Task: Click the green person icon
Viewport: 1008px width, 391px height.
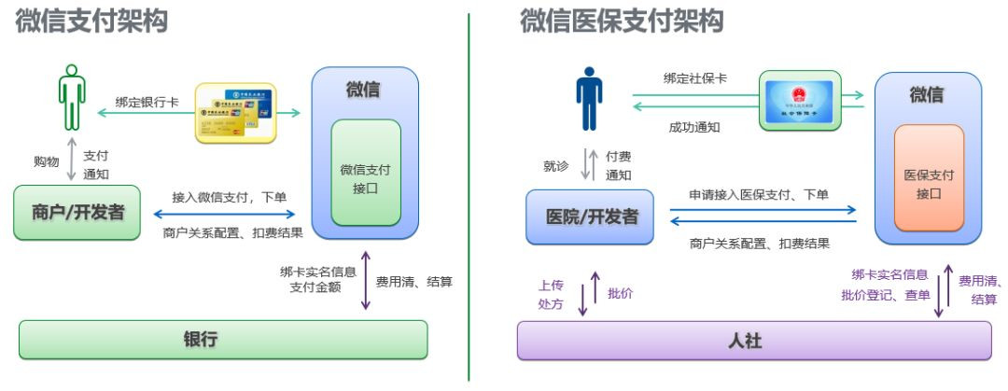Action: click(x=72, y=97)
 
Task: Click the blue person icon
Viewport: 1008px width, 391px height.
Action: click(x=589, y=97)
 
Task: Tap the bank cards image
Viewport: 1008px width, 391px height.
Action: click(x=236, y=113)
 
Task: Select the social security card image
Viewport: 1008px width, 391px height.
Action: click(x=801, y=100)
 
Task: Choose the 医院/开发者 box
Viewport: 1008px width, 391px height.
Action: click(x=590, y=217)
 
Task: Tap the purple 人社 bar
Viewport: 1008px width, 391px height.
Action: click(x=753, y=341)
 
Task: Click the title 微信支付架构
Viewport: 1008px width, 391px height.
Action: click(x=91, y=21)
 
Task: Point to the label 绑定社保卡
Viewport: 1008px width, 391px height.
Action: click(x=694, y=78)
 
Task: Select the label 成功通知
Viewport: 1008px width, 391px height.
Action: click(x=694, y=126)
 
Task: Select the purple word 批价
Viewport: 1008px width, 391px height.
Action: click(x=621, y=293)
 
